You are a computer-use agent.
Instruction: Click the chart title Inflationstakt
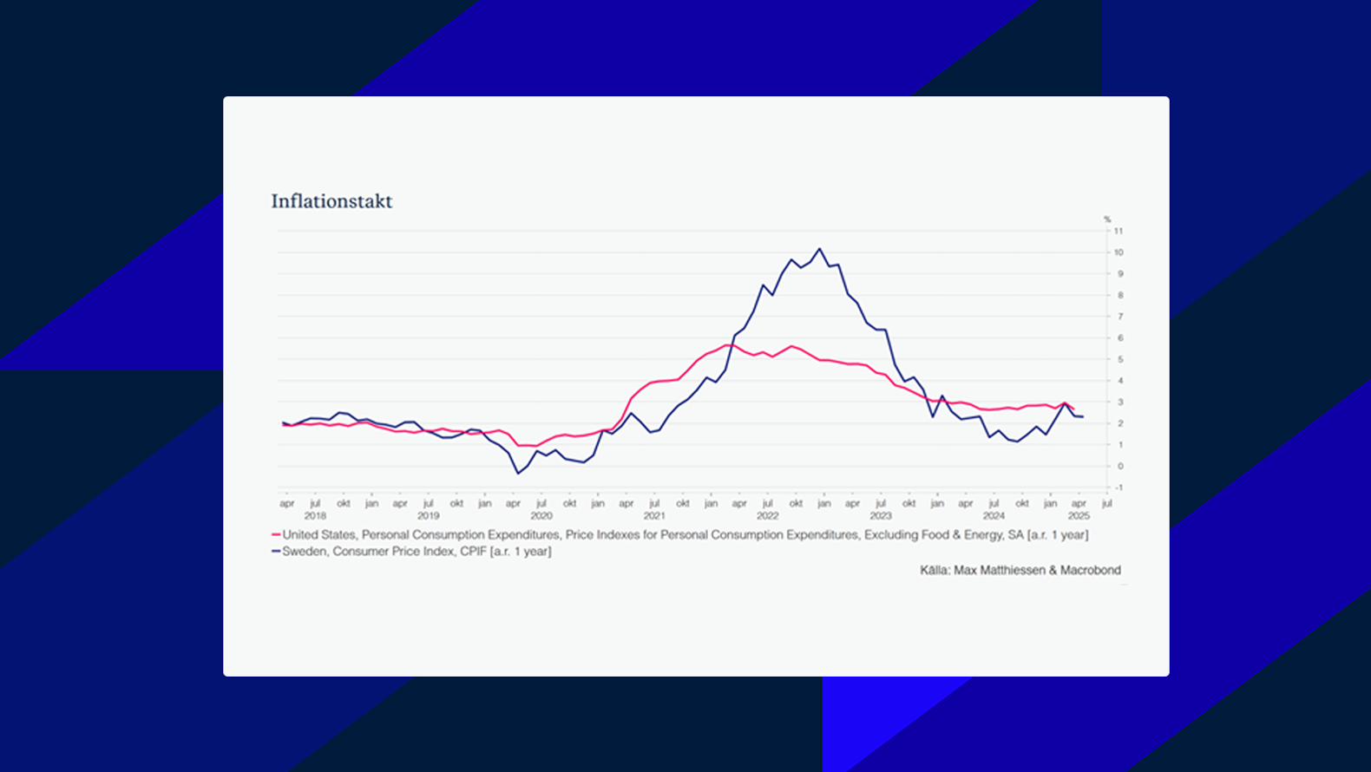331,201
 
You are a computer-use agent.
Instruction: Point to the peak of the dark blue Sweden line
820,250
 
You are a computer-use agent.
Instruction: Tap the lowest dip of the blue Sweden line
518,473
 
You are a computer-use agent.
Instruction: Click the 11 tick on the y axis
1118,231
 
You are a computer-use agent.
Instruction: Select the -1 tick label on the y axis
1118,487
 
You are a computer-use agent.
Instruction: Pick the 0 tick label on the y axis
1120,466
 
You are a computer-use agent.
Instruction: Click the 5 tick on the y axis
1120,359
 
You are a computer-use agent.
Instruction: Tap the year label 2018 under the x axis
315,515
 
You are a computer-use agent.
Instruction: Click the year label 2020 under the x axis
541,515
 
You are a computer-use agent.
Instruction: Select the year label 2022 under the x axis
767,515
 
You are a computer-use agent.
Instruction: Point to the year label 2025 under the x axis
1079,515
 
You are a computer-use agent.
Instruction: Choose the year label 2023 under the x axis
881,515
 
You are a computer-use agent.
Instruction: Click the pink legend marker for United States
276,535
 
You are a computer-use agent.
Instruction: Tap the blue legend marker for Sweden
276,552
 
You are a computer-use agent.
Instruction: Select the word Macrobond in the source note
1090,571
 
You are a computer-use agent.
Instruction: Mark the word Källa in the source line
934,571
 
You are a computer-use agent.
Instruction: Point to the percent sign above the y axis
1107,219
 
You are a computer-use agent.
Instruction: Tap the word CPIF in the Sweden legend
474,552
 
